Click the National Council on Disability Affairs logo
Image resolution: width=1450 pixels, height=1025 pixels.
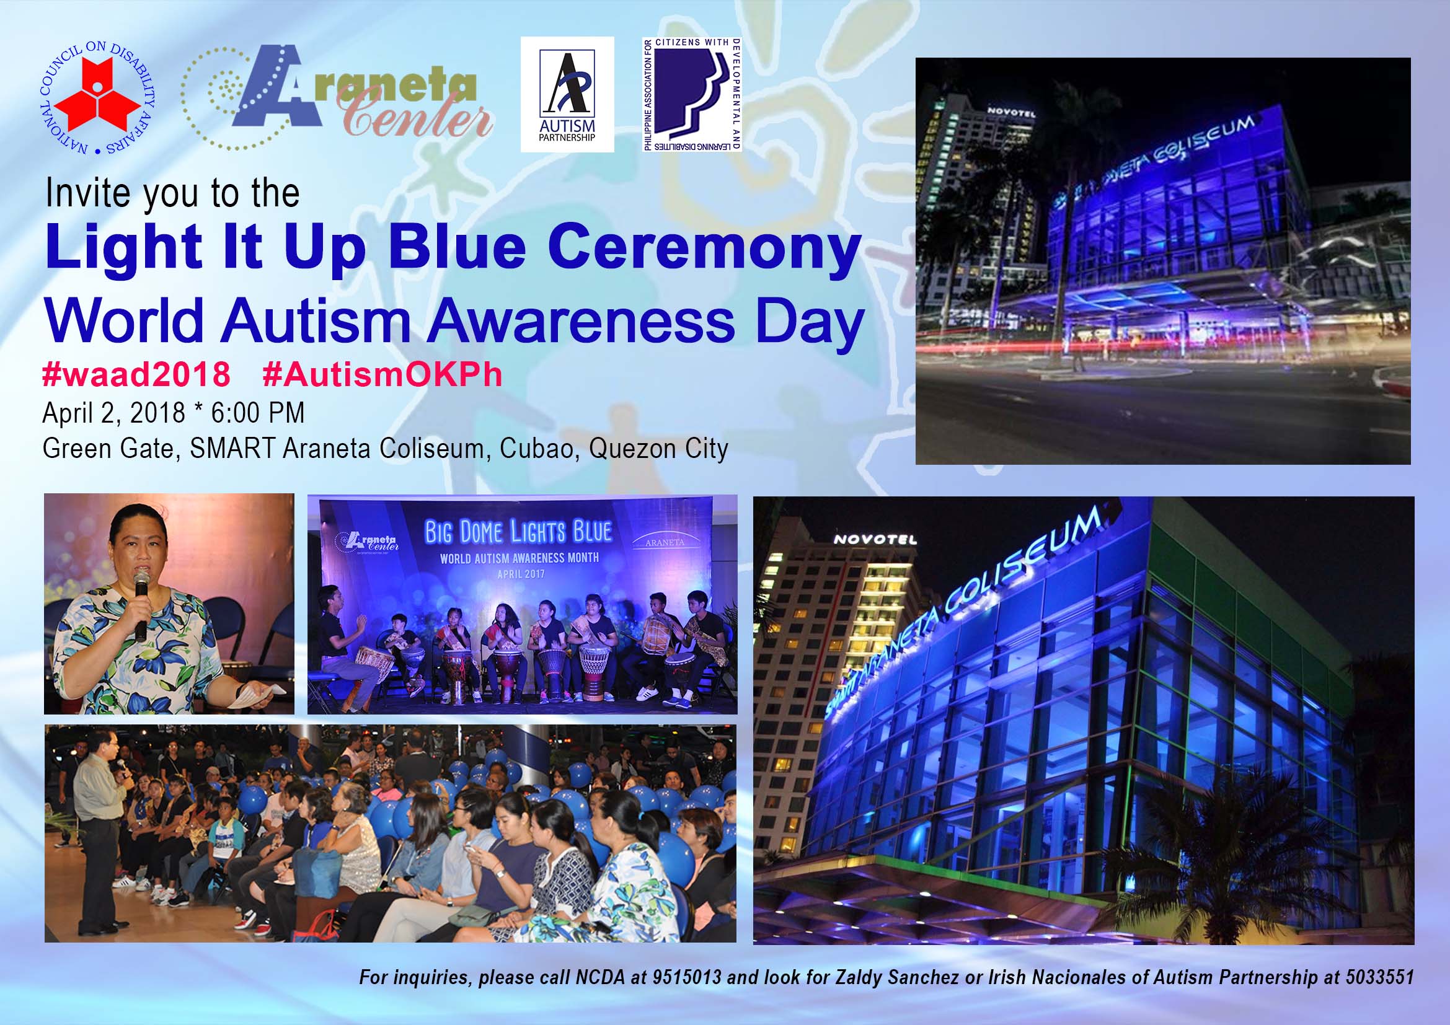[97, 99]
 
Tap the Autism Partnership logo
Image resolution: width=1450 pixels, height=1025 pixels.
[567, 94]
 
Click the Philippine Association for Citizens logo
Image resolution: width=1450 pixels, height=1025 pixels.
[692, 95]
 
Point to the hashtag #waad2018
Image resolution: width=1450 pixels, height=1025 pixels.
[136, 374]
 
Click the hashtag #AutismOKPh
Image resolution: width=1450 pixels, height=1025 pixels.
[382, 374]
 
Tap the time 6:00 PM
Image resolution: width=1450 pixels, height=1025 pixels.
[258, 413]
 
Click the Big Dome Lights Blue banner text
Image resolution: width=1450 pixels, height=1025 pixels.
[518, 532]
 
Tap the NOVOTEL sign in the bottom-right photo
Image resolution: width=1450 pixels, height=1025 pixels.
[875, 540]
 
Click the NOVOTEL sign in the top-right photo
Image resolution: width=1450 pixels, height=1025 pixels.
[1011, 112]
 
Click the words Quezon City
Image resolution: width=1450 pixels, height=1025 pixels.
[659, 449]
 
